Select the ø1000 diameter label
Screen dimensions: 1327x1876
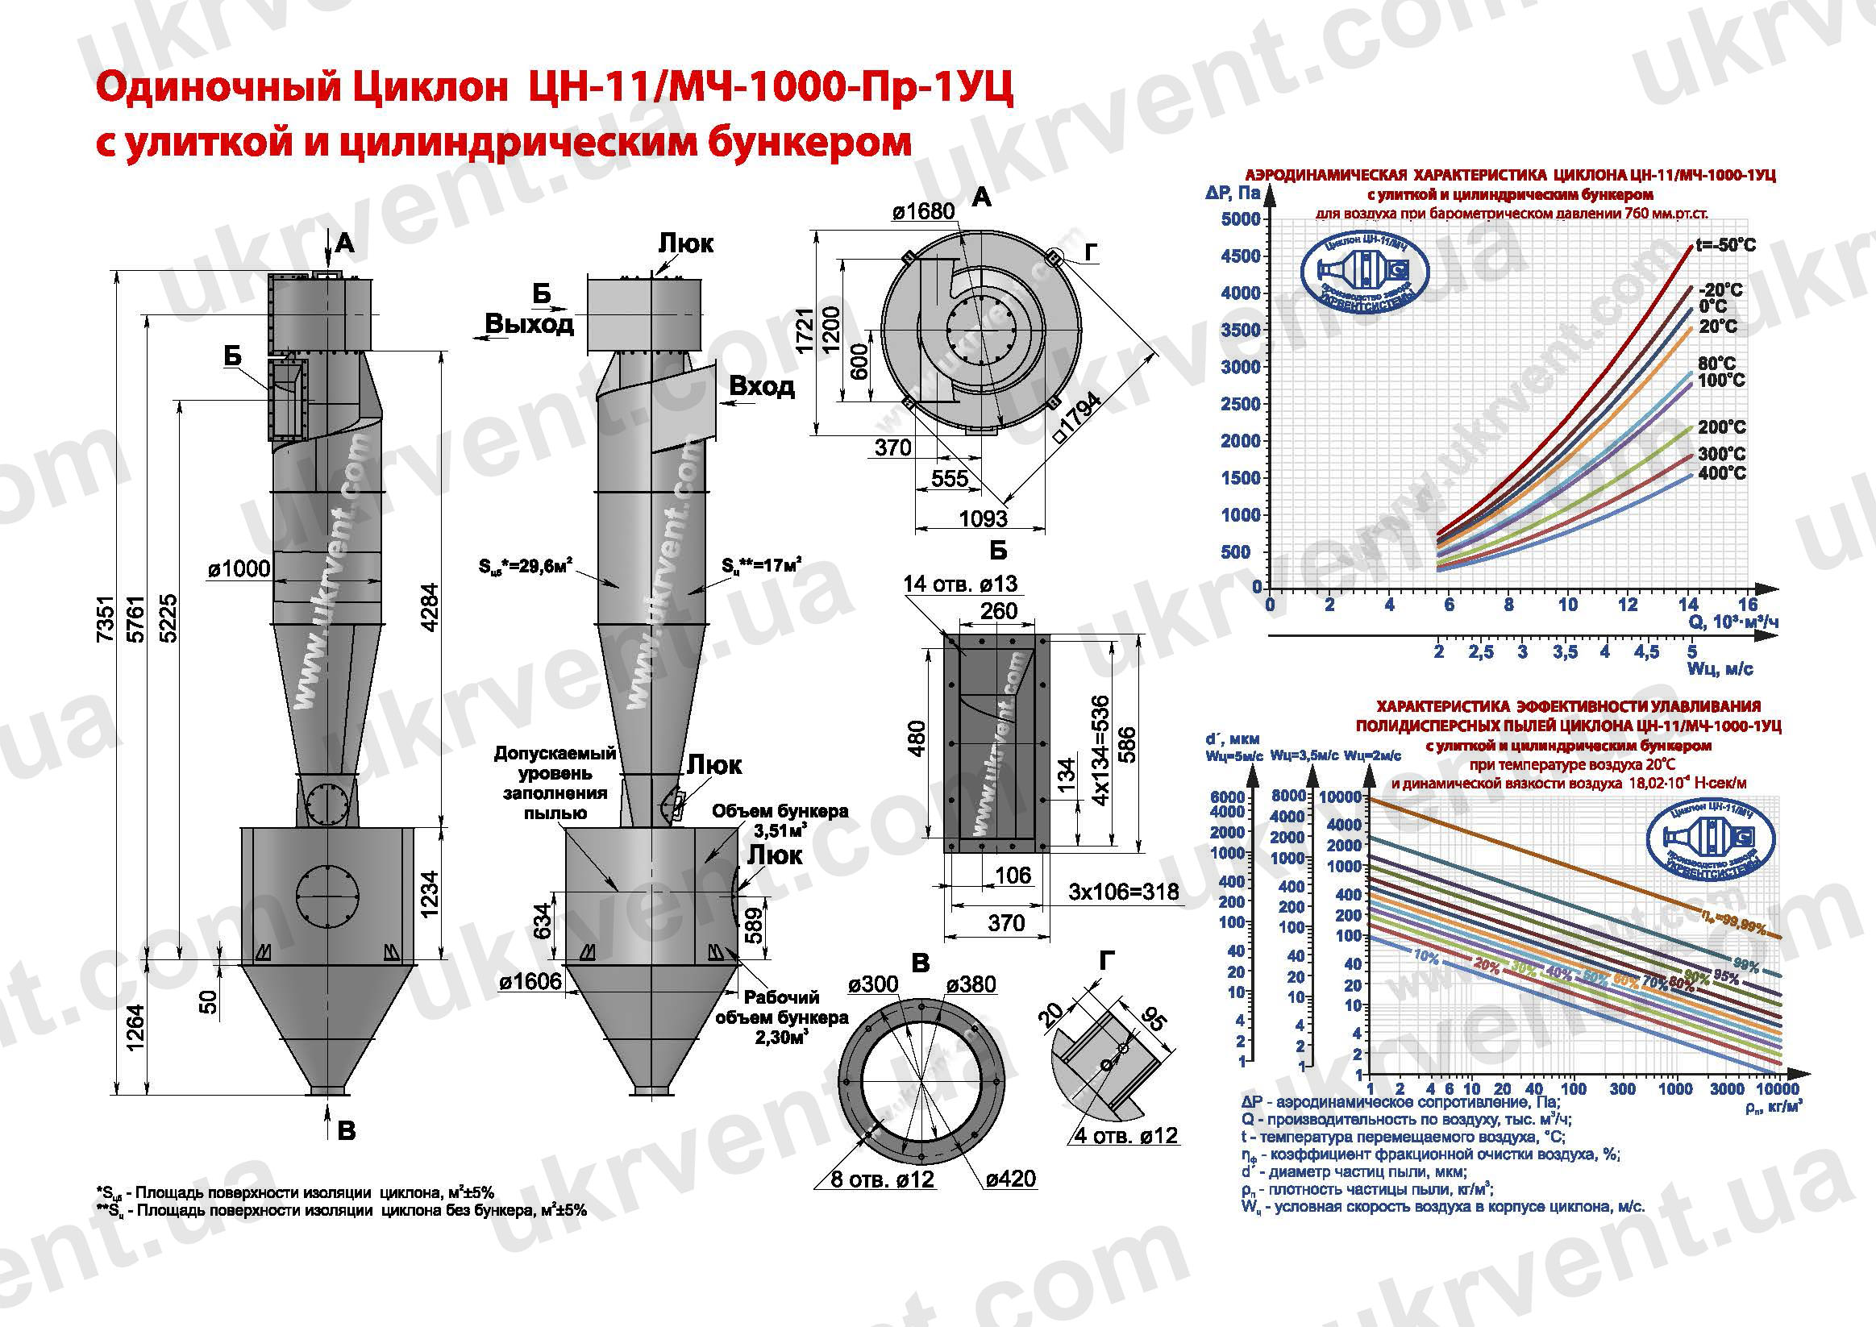coord(238,568)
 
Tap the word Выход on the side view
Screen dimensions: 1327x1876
coord(529,324)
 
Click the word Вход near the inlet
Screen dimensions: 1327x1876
coord(761,385)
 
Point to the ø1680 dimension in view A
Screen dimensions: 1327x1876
coord(922,210)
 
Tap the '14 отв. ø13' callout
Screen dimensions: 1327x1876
coord(960,584)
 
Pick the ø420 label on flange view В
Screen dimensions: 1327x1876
coord(1010,1179)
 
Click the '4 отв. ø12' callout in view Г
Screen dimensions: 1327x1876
coord(1126,1135)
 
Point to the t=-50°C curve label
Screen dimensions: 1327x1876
coord(1726,245)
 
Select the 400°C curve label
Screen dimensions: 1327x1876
coord(1720,473)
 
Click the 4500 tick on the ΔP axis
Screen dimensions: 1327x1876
coord(1240,256)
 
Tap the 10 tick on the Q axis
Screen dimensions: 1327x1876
coord(1567,605)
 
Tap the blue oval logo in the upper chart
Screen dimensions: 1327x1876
coord(1364,278)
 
